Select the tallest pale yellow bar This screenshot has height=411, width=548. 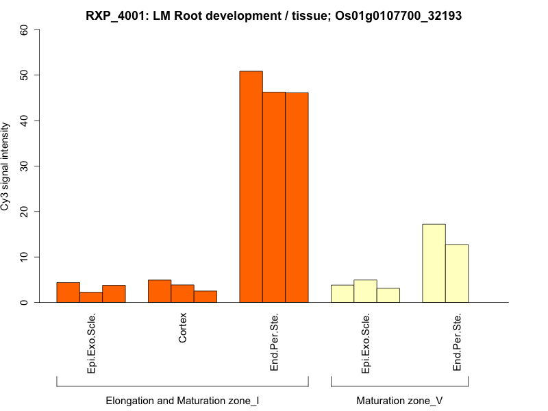(434, 263)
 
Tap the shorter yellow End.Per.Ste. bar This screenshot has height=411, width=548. (457, 273)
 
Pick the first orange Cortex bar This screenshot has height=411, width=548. (160, 291)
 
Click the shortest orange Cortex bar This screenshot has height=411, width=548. (206, 297)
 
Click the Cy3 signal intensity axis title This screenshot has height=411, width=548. (6, 166)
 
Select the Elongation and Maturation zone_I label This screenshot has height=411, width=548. (182, 400)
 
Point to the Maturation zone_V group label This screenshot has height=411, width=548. (399, 400)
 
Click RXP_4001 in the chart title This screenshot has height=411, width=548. (116, 16)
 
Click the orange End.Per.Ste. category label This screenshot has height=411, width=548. (274, 342)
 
